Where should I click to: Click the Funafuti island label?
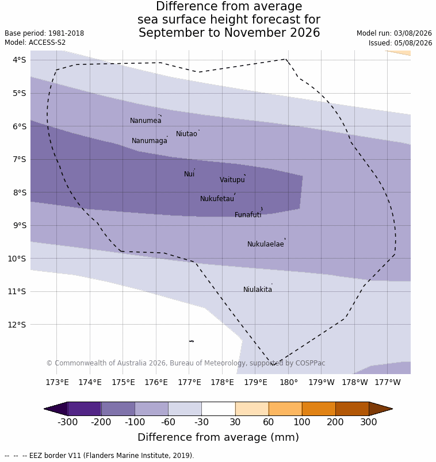(248, 215)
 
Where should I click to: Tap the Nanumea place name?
(146, 121)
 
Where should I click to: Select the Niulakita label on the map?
(258, 290)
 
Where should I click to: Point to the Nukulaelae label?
(266, 244)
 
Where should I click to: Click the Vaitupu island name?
(232, 180)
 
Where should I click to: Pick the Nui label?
(189, 174)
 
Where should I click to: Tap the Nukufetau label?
(217, 199)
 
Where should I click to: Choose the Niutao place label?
(186, 134)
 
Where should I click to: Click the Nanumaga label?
(150, 141)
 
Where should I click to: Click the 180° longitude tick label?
(289, 383)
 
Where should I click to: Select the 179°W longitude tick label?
(322, 383)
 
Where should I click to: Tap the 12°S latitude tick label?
(17, 325)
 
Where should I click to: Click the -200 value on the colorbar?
(101, 422)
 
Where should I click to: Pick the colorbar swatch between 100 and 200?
(319, 409)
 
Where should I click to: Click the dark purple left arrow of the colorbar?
(56, 409)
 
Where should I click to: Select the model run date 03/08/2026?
(413, 33)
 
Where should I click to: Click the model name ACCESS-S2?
(47, 43)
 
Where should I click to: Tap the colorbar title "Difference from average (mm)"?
(219, 437)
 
